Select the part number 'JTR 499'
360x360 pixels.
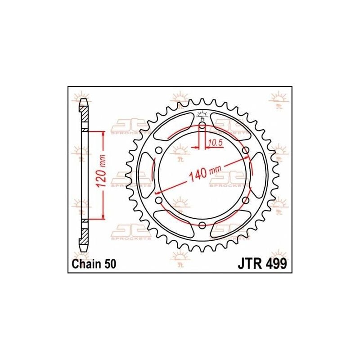click(x=261, y=264)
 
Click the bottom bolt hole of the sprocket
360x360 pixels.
click(x=202, y=225)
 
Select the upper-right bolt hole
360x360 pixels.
click(x=246, y=150)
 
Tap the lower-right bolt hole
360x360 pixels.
click(x=246, y=200)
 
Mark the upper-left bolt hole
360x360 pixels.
click(x=158, y=150)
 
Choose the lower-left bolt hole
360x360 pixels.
click(x=158, y=200)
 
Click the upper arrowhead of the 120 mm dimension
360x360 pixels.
click(x=104, y=134)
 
